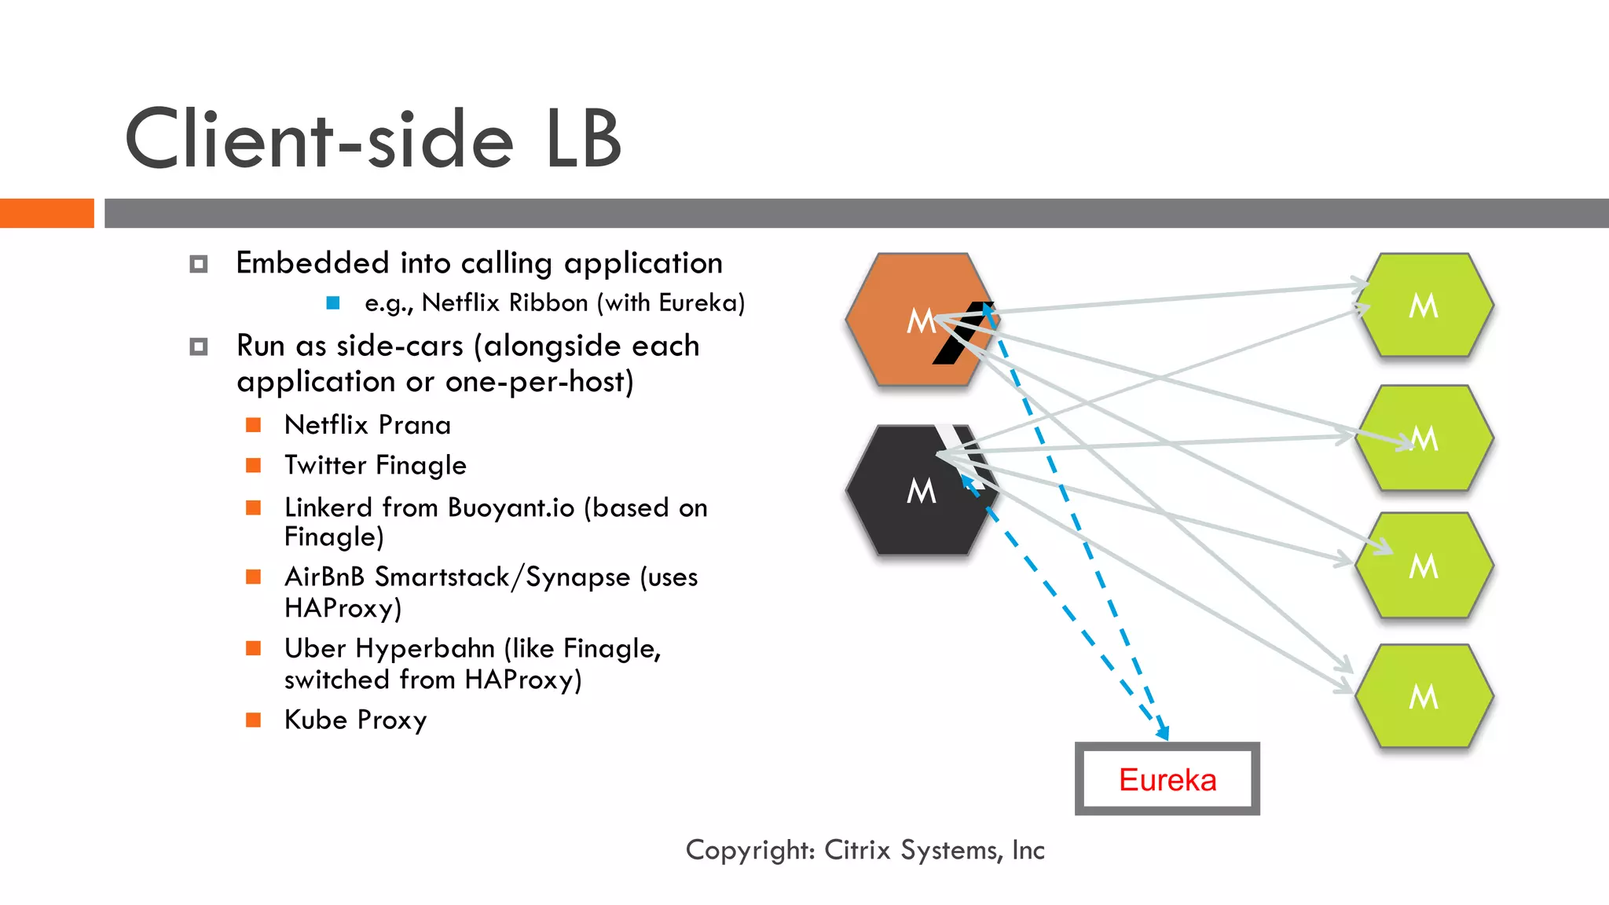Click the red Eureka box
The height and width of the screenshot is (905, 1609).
click(x=1167, y=779)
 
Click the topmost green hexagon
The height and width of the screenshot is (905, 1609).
click(x=1424, y=305)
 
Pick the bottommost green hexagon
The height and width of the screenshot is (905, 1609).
click(x=1424, y=696)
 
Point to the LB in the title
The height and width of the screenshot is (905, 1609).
click(x=583, y=140)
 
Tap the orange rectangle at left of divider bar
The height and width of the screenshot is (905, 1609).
click(x=46, y=213)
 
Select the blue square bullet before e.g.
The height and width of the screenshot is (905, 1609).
click(x=333, y=302)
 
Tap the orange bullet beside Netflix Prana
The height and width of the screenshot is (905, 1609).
click(x=253, y=425)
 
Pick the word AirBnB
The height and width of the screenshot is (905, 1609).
click(x=324, y=577)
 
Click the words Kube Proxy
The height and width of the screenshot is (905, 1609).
click(x=355, y=720)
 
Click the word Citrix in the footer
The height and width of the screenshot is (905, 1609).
click(x=857, y=850)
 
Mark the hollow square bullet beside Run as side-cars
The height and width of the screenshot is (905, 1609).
click(x=199, y=346)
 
